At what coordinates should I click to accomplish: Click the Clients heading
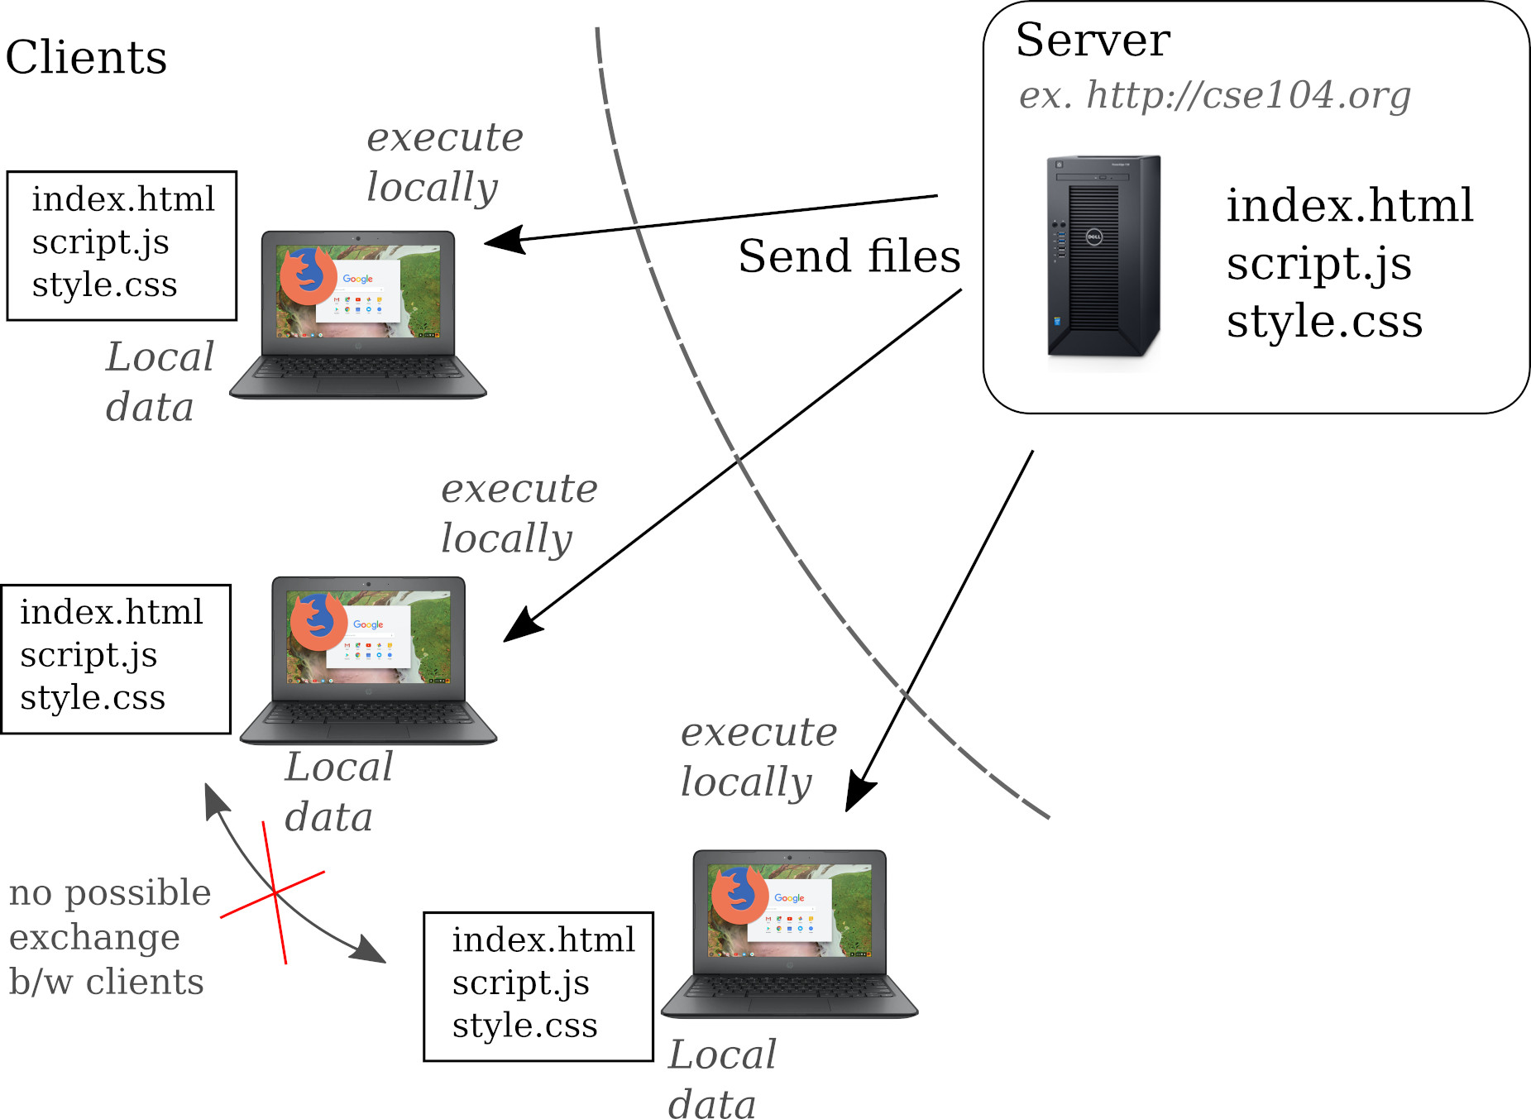coord(86,57)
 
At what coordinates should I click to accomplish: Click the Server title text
coord(1093,40)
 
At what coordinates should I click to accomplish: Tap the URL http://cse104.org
coord(1248,95)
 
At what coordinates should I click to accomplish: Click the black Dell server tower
coord(1103,256)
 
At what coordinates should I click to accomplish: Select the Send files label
coord(849,256)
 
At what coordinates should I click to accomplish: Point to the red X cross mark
coord(274,893)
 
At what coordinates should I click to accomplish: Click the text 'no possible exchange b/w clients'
coord(109,937)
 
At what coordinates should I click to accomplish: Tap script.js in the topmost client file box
coord(100,242)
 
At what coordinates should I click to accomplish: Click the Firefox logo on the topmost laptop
coord(307,275)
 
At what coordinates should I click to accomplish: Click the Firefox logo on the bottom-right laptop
coord(739,895)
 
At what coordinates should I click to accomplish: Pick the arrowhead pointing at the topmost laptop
coord(505,240)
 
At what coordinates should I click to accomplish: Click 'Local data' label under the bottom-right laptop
coord(722,1078)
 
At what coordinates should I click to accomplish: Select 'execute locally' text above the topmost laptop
coord(445,163)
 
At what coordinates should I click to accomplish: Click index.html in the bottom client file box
coord(543,940)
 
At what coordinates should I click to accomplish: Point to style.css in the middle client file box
coord(93,697)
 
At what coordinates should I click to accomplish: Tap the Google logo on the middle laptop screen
coord(368,624)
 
